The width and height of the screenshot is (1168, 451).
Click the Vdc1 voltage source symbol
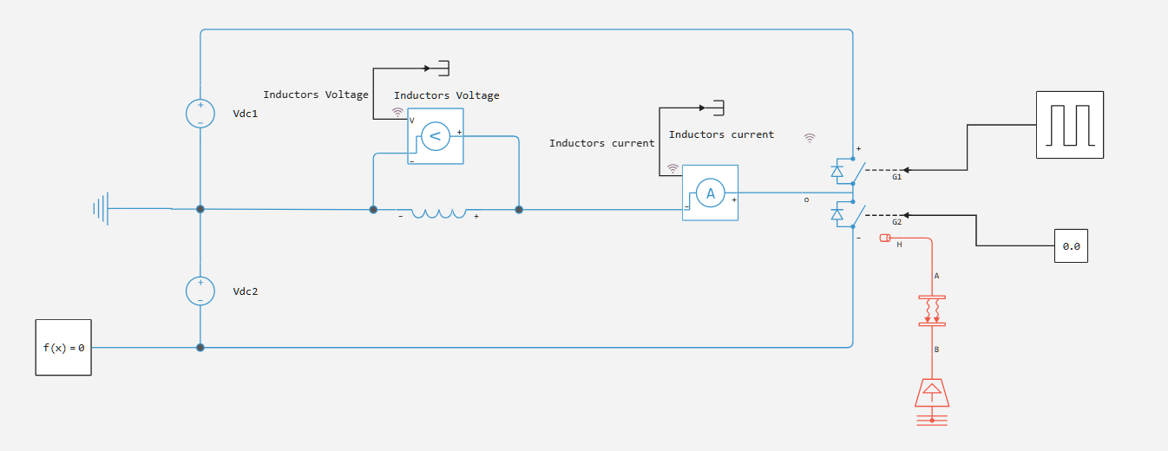coord(200,114)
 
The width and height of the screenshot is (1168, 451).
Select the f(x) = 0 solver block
coord(63,348)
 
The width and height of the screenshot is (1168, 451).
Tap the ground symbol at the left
coord(102,209)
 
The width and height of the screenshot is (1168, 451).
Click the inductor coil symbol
coord(438,212)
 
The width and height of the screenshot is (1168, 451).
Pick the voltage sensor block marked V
coord(436,136)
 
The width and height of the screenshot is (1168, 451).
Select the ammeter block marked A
coord(710,193)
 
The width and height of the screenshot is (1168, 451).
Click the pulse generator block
coord(1070,125)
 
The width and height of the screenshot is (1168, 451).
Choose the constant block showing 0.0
coord(1071,246)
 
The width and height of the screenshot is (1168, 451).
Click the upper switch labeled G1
coord(846,171)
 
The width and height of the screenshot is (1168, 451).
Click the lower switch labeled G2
coord(846,214)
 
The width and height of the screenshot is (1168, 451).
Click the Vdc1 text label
coord(246,114)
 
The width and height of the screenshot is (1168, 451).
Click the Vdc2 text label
coord(246,291)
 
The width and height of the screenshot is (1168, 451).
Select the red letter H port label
coord(899,245)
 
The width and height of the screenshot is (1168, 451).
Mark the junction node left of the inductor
coord(373,209)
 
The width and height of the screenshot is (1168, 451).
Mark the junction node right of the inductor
coord(519,209)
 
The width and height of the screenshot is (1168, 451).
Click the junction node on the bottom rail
coord(200,348)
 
